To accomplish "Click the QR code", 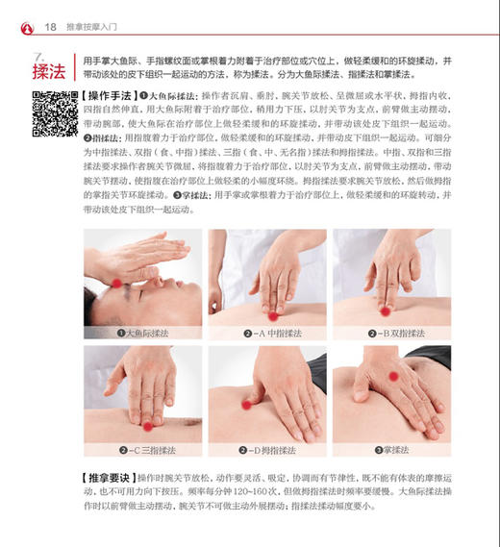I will (55, 114).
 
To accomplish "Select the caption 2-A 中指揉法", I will (267, 333).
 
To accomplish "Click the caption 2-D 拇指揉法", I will (267, 449).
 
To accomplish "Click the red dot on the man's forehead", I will (118, 283).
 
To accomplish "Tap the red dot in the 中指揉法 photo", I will (273, 315).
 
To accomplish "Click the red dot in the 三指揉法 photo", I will (147, 426).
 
